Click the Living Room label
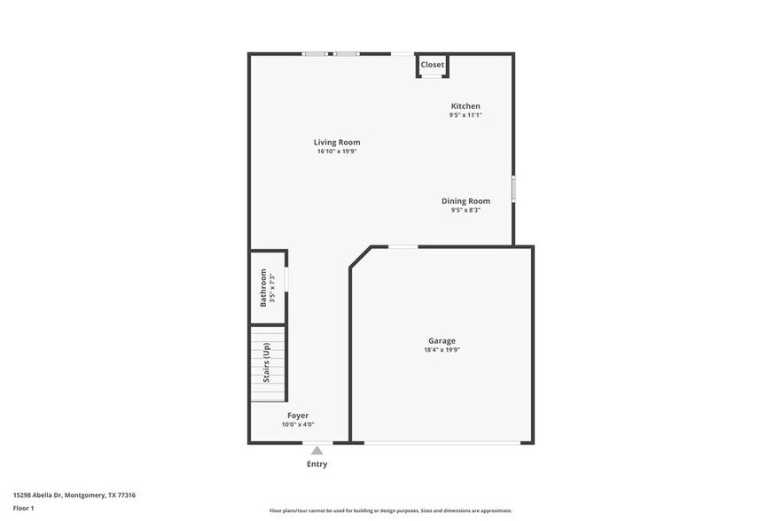point(337,142)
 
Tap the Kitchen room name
point(465,106)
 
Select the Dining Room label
point(465,201)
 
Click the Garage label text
point(442,341)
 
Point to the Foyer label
point(298,416)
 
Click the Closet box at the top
point(432,65)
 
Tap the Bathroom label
point(263,288)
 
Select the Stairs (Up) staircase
point(268,364)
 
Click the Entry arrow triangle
point(317,451)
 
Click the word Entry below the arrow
point(317,464)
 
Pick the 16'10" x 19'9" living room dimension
point(337,152)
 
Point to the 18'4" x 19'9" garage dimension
point(442,350)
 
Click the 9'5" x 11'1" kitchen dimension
point(465,115)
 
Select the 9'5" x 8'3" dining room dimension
point(465,210)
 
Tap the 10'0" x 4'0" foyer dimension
point(298,424)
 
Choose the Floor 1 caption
point(23,508)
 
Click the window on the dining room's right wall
point(513,190)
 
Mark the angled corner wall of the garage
point(360,257)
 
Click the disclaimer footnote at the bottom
point(390,510)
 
